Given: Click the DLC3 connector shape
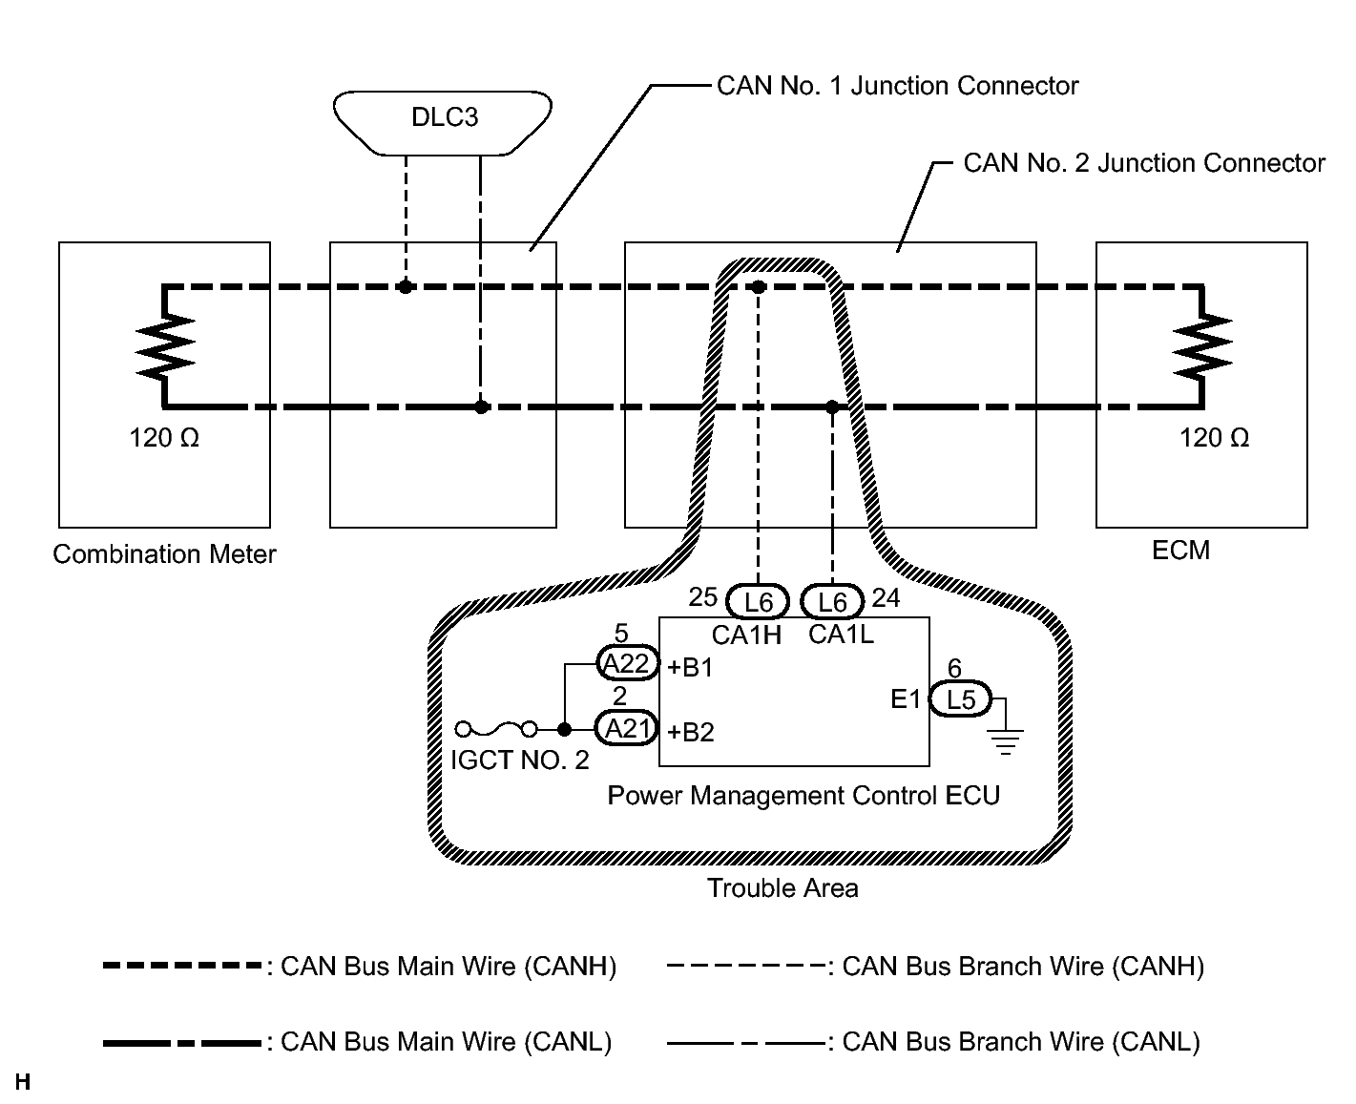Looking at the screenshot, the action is (443, 123).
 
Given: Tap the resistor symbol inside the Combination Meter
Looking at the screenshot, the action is (165, 347).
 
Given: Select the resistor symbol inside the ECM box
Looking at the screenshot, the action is (1202, 347).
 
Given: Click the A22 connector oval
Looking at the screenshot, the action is (627, 663).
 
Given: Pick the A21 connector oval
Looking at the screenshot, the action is (626, 728).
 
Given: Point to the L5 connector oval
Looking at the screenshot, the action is (961, 699).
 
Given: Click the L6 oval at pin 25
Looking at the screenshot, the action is (758, 601).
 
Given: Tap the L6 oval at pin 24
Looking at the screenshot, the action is (832, 601).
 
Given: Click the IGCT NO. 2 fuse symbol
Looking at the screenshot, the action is (496, 728).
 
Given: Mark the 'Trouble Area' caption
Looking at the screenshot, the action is (782, 887).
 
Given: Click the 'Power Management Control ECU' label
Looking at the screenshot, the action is (803, 795).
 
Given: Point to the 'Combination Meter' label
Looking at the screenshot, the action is (164, 554).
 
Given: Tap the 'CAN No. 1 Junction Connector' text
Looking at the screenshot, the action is (898, 85).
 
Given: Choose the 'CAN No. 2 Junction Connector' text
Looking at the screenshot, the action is (1144, 162).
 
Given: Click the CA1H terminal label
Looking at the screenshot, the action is (746, 635).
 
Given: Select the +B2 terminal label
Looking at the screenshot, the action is (690, 732).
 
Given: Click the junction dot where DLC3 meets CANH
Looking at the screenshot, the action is (406, 287).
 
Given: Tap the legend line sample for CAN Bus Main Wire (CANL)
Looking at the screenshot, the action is (182, 1043).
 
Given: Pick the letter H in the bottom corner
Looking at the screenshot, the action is (22, 1081).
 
